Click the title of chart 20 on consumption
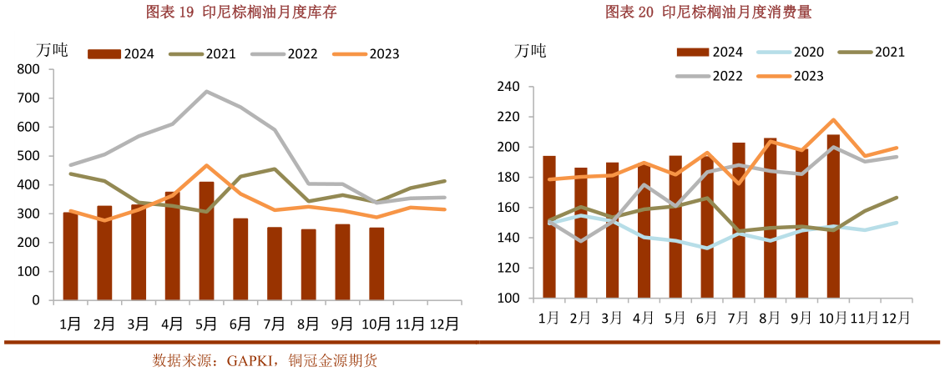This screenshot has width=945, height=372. [709, 12]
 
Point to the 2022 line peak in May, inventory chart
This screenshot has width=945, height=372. [206, 91]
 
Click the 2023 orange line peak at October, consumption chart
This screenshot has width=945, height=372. [833, 119]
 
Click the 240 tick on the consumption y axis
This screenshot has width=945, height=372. [508, 87]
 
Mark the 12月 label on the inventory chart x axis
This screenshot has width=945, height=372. [444, 323]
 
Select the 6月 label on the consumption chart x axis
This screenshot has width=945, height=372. [706, 318]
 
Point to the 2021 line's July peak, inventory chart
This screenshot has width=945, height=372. [274, 168]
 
